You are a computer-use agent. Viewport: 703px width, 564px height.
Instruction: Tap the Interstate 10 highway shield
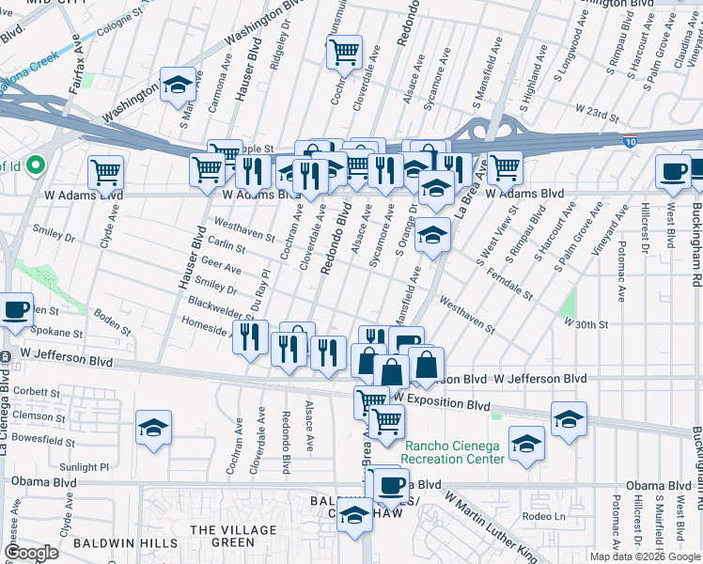(629, 141)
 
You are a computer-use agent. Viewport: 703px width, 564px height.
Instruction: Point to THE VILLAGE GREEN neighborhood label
(222, 536)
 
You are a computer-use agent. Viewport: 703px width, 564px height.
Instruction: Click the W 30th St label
(586, 323)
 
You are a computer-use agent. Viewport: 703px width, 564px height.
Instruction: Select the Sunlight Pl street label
(85, 466)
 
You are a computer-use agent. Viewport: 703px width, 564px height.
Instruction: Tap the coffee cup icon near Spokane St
(16, 311)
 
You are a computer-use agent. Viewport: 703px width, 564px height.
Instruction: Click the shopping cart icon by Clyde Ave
(106, 173)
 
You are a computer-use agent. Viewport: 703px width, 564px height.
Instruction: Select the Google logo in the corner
(31, 553)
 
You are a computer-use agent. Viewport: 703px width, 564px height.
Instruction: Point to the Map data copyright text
(643, 556)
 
